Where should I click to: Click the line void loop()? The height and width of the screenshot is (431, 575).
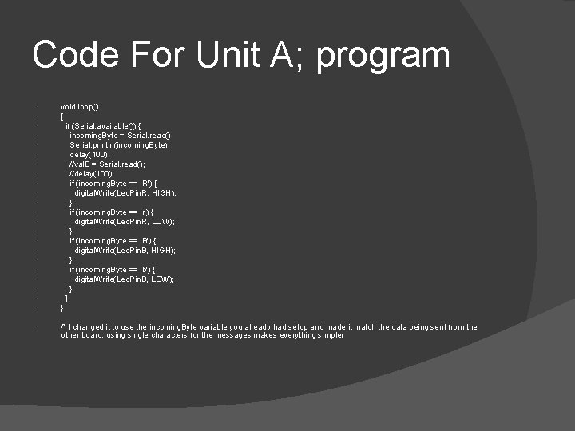[80, 106]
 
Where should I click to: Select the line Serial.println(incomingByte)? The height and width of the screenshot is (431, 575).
[120, 144]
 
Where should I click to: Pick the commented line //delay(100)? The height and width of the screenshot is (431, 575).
[92, 173]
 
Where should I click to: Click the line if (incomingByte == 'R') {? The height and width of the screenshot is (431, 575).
[118, 183]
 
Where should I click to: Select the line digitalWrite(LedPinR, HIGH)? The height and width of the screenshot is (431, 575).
[125, 192]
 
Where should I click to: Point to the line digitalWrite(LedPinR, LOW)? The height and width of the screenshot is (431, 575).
[125, 221]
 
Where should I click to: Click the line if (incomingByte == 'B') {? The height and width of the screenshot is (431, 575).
[118, 240]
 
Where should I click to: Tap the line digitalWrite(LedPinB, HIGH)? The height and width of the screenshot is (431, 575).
[125, 250]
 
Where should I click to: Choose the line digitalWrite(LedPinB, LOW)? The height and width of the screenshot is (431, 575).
[125, 279]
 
